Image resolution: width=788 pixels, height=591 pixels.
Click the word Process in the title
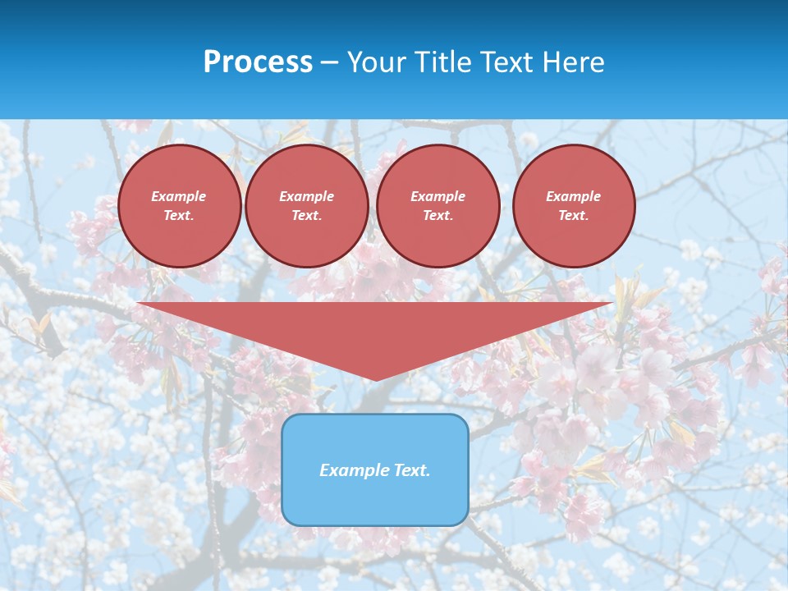pos(258,62)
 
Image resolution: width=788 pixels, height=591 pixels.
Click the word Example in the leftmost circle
pos(179,196)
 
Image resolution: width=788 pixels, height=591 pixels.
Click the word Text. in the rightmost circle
pos(574,215)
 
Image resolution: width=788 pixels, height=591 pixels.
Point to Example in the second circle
pos(307,196)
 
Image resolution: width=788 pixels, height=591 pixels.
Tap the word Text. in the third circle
pos(438,215)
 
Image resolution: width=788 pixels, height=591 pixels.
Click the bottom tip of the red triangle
pos(376,378)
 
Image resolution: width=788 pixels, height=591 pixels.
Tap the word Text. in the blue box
pos(412,470)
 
